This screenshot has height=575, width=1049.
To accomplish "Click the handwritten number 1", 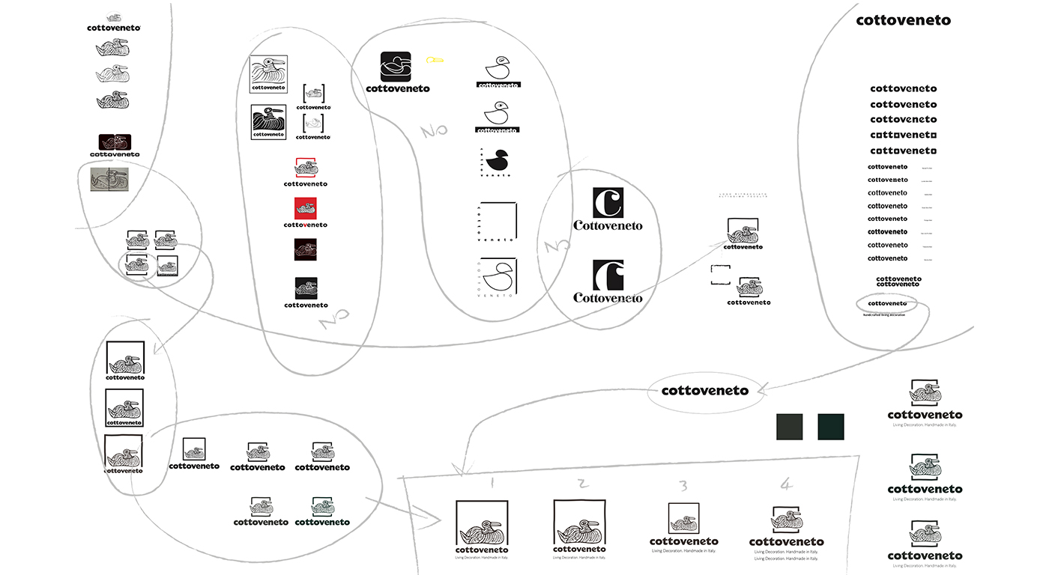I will (x=492, y=483).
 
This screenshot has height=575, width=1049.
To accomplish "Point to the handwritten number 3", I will (x=683, y=487).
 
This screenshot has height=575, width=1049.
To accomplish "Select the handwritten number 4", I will (x=785, y=485).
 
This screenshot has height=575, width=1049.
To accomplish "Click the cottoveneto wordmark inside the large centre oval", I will (x=704, y=391).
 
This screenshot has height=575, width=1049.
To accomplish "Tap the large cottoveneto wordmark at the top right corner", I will (x=903, y=21).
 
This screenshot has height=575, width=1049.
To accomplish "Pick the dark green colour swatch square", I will (x=830, y=427).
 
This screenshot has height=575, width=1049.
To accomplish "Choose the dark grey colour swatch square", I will (x=789, y=427).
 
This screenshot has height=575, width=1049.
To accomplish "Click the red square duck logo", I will (x=305, y=208).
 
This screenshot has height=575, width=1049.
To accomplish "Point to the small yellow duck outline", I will (x=435, y=59).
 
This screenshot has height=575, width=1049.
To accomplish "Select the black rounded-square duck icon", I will (x=396, y=67).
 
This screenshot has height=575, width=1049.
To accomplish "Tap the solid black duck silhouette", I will (x=497, y=159).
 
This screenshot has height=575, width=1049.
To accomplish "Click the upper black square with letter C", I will (x=608, y=202).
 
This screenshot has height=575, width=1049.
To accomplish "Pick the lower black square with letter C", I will (x=608, y=275).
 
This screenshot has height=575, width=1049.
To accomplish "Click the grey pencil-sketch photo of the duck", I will (x=109, y=180).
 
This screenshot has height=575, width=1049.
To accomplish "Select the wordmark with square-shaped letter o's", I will (x=903, y=136).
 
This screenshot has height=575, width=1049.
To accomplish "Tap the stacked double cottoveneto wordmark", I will (x=898, y=282).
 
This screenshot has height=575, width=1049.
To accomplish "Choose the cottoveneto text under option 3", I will (x=683, y=541).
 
